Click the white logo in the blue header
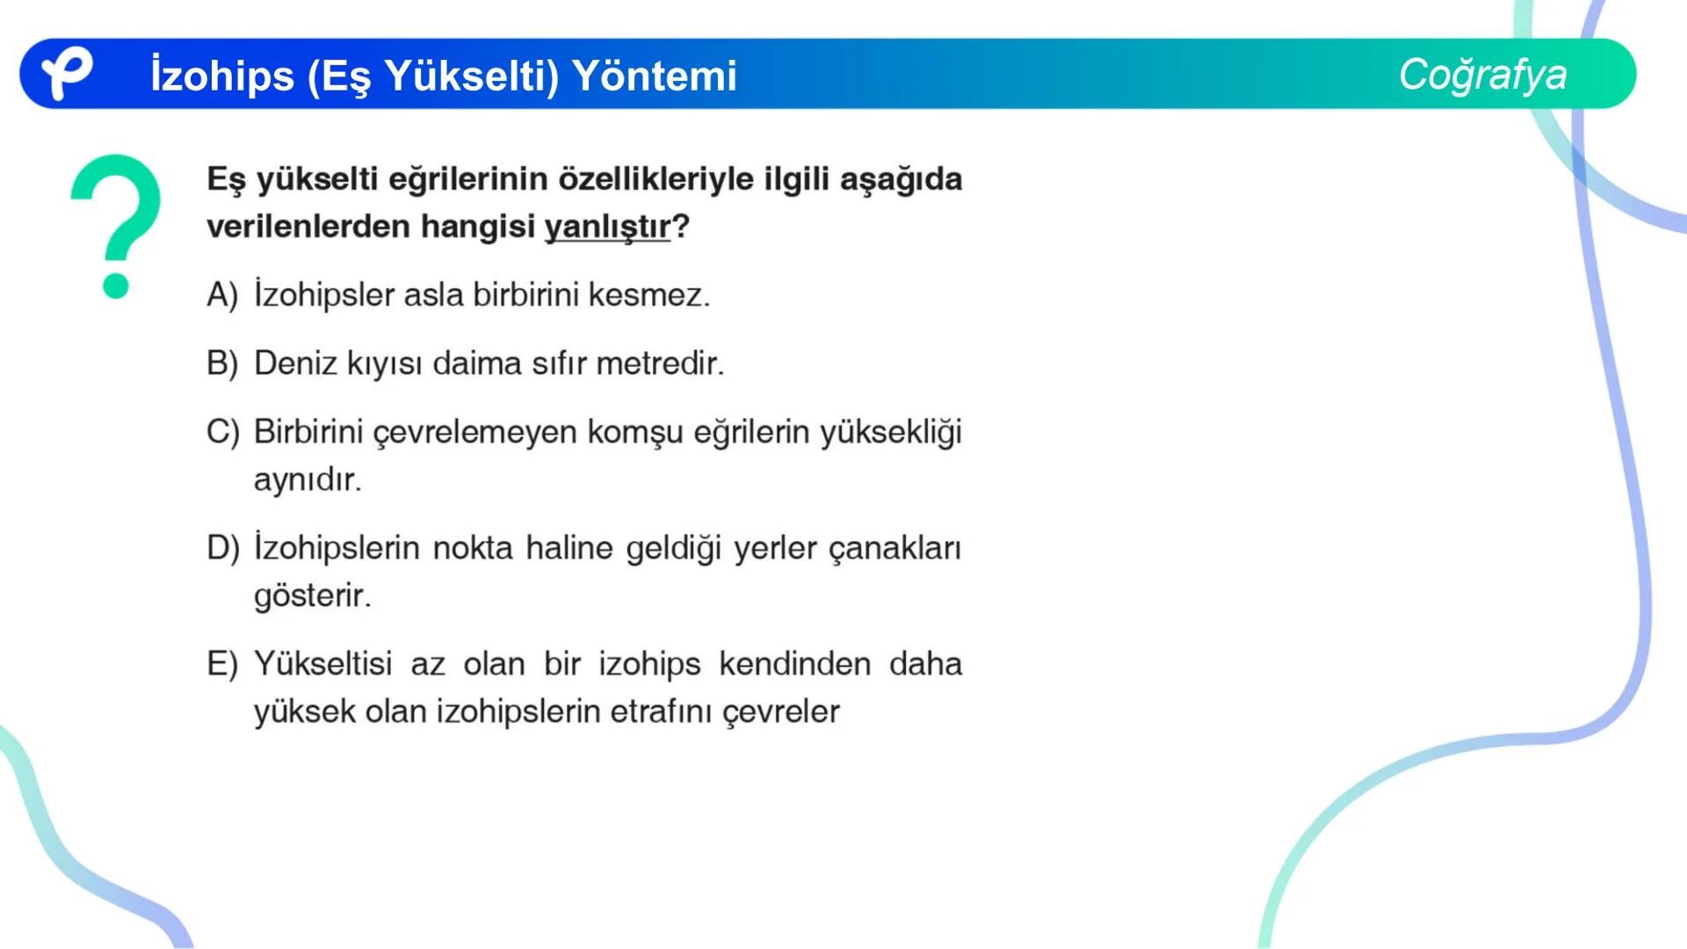tap(67, 74)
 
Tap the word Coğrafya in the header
tap(1482, 75)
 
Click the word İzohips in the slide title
tap(222, 76)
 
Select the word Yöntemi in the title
tap(655, 76)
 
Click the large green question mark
tap(116, 225)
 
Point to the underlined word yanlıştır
tap(607, 227)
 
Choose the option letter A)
tap(222, 295)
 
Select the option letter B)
tap(222, 364)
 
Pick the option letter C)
tap(222, 432)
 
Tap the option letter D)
tap(222, 548)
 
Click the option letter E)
tap(222, 664)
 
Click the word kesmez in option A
tap(648, 295)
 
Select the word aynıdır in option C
tap(307, 480)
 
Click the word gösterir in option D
tap(312, 596)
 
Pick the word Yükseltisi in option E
tap(322, 664)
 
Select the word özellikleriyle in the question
tap(655, 179)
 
